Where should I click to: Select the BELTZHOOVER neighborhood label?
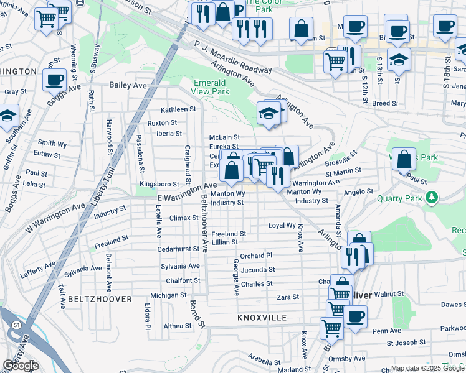(100, 299)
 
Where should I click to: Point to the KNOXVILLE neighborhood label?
(262, 318)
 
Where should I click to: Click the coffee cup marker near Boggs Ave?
(54, 80)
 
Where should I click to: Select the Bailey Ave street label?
(127, 85)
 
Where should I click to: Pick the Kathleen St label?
(178, 109)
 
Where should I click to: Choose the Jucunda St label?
(258, 270)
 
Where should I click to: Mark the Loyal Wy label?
(282, 225)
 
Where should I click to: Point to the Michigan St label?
(169, 295)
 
